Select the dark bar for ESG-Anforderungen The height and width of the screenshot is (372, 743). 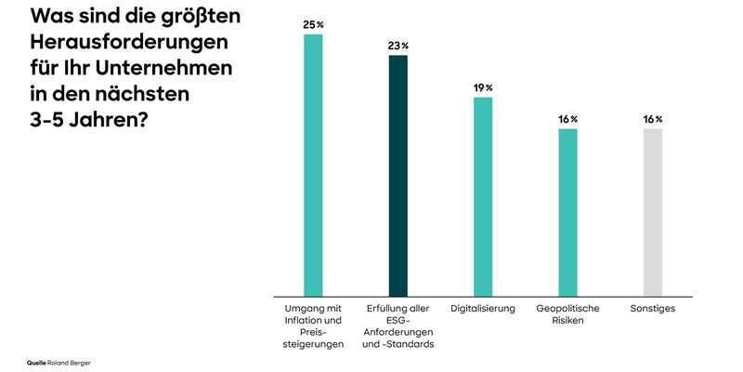[x=398, y=174]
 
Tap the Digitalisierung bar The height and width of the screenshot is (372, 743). [x=483, y=195]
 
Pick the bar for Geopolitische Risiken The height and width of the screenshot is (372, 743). [x=567, y=211]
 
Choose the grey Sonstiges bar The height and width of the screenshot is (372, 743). [x=653, y=211]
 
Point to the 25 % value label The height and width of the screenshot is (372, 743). [x=313, y=24]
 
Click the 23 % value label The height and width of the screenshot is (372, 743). [x=398, y=46]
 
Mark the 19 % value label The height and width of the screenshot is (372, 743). [x=483, y=86]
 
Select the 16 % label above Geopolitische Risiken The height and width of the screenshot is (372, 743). [x=567, y=119]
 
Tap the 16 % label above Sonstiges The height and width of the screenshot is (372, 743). [x=653, y=119]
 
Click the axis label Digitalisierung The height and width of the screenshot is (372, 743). [x=482, y=308]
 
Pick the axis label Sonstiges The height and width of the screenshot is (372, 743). [x=653, y=308]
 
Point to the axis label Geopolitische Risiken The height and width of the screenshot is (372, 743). [x=567, y=313]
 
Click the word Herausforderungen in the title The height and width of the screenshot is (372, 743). [x=129, y=44]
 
